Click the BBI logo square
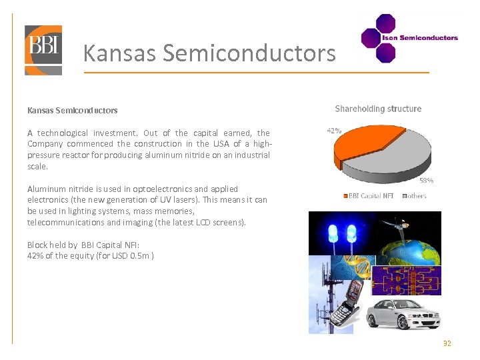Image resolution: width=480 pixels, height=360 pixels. [43, 50]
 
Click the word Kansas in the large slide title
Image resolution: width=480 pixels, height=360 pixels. [120, 53]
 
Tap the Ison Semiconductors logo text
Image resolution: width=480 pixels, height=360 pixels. [419, 38]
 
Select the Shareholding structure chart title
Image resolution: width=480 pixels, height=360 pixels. [378, 109]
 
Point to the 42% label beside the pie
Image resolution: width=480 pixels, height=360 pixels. [334, 131]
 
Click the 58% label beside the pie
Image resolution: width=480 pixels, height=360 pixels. [426, 180]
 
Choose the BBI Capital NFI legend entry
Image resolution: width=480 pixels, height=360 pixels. [371, 196]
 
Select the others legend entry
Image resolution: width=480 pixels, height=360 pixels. [416, 196]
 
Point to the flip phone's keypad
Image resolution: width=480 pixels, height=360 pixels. [347, 313]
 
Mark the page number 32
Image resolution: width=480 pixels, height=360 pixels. [447, 343]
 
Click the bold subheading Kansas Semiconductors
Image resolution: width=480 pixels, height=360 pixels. [72, 110]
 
